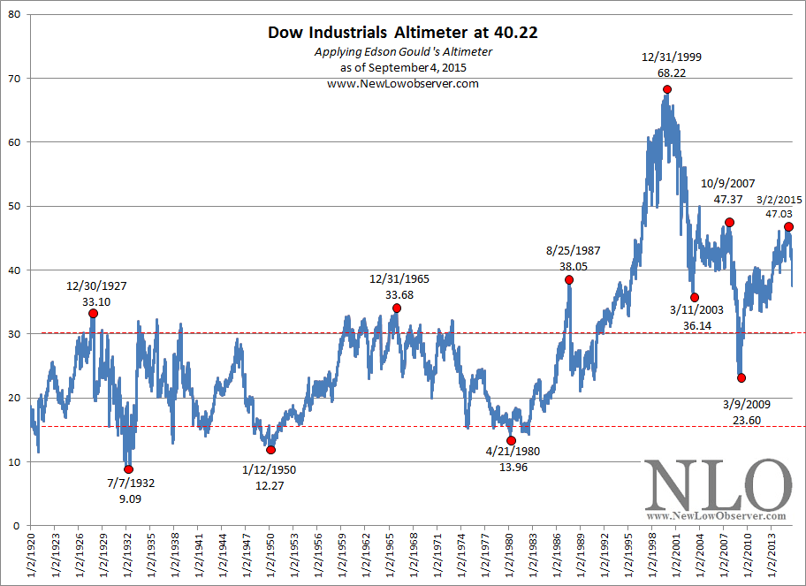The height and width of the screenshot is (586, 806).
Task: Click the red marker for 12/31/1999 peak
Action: coord(667,89)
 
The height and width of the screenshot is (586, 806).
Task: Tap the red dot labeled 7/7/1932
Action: coord(129,469)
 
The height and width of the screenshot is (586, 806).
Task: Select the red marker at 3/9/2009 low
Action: coord(741,377)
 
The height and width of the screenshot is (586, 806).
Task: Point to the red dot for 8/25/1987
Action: coord(569,279)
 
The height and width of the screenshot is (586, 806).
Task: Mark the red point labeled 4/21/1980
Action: coord(511,440)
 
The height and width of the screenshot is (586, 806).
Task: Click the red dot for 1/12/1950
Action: coord(270,450)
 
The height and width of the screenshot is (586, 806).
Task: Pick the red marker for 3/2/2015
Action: coord(789,227)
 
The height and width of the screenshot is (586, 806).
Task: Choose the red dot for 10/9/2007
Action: coord(729,222)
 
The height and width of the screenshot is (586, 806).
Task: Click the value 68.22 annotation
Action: coord(667,72)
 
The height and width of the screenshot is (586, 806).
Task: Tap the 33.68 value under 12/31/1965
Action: coord(399,294)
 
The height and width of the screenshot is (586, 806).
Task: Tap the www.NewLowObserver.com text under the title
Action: coord(403,83)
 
